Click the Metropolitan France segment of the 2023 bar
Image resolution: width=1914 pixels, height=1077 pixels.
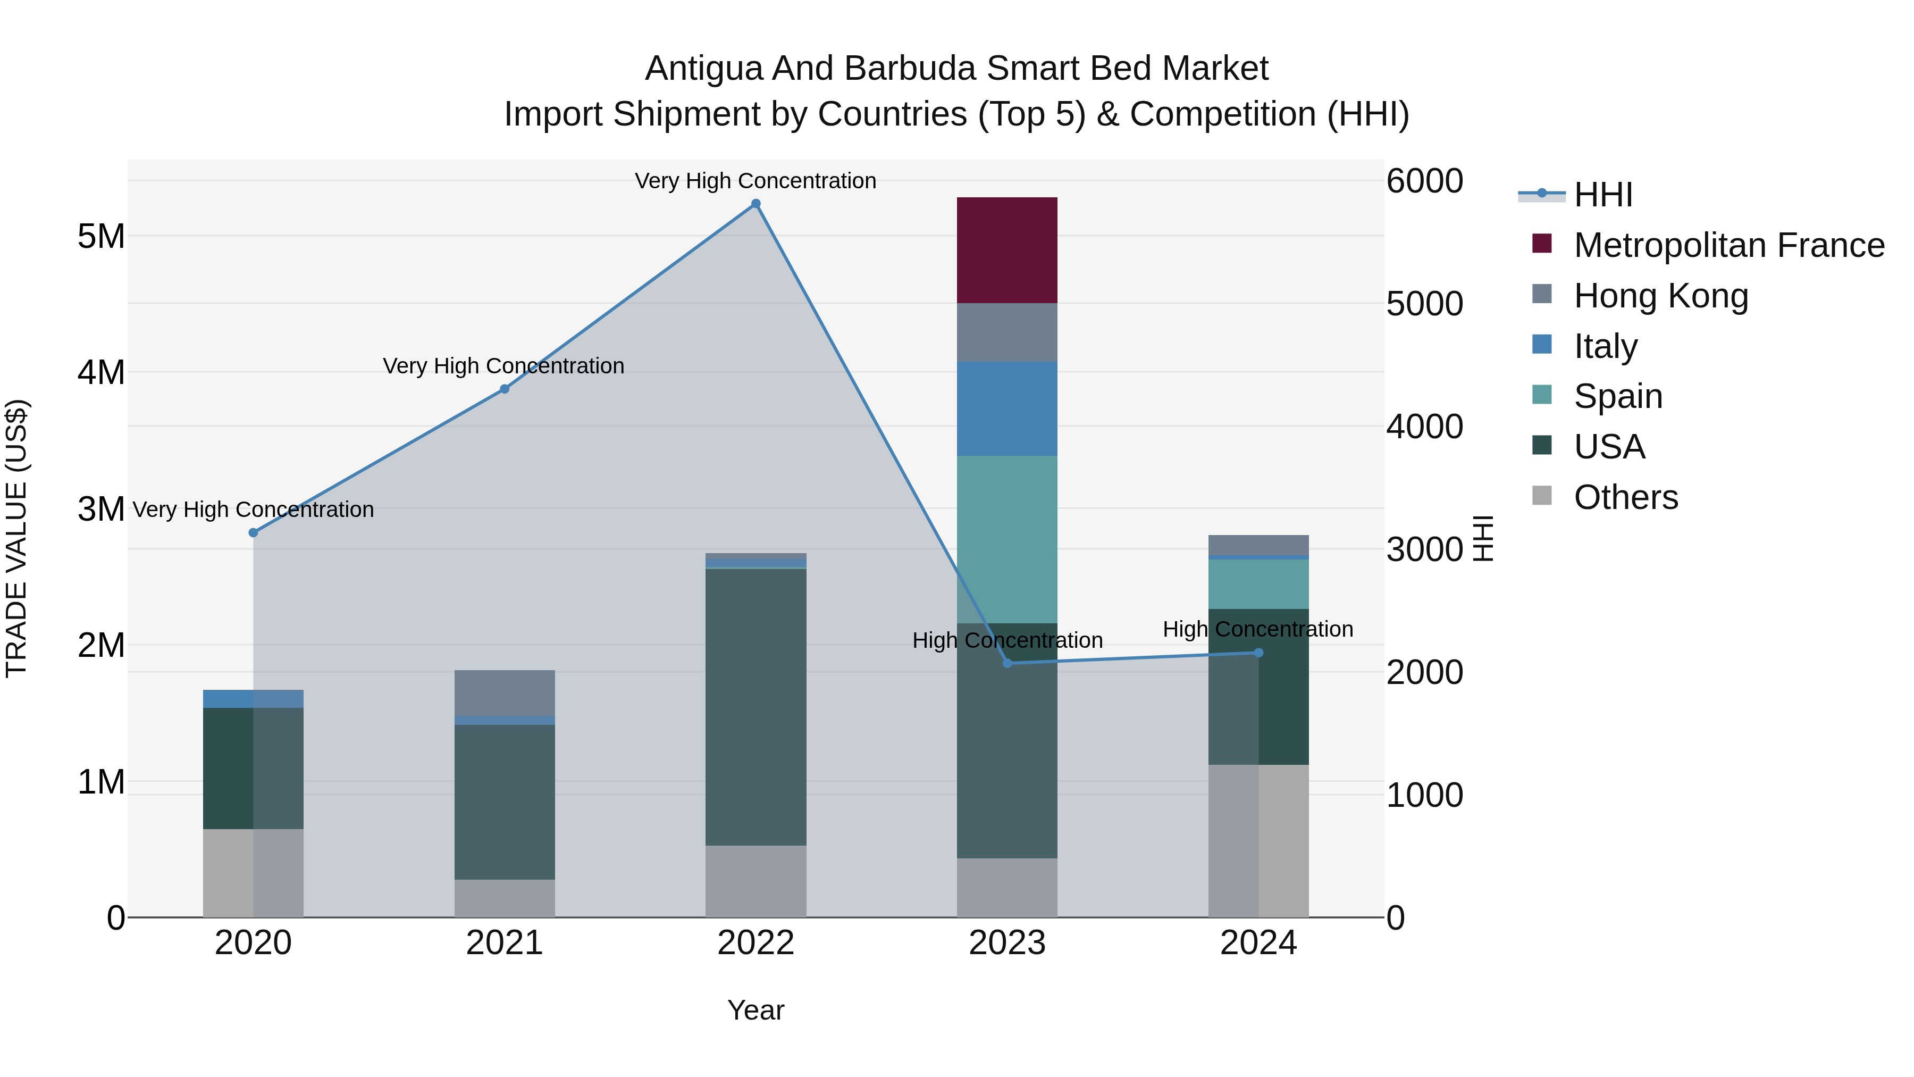1007,250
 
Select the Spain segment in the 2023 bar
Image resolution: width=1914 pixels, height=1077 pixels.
1007,539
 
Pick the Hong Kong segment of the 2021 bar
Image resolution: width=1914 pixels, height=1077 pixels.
505,692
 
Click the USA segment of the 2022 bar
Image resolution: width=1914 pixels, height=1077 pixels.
755,706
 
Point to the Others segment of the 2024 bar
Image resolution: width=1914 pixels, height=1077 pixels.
1258,840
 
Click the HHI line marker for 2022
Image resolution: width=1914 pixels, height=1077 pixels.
755,204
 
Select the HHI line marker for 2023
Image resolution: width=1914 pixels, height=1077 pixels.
1007,663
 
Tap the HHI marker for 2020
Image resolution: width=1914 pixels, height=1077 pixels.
254,533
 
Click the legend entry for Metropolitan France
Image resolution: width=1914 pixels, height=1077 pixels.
1728,245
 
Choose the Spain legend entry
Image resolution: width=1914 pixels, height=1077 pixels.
1617,396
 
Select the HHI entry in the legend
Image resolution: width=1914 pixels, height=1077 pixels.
1602,195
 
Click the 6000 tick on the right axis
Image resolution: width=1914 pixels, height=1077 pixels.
1424,181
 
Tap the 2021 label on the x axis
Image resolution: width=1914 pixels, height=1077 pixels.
505,943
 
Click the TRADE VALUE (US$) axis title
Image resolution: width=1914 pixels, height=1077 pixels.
16,538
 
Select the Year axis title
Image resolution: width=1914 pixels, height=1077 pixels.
755,1010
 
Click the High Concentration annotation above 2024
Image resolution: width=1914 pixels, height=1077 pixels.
1257,630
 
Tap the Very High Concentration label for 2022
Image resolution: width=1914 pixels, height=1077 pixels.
755,181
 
